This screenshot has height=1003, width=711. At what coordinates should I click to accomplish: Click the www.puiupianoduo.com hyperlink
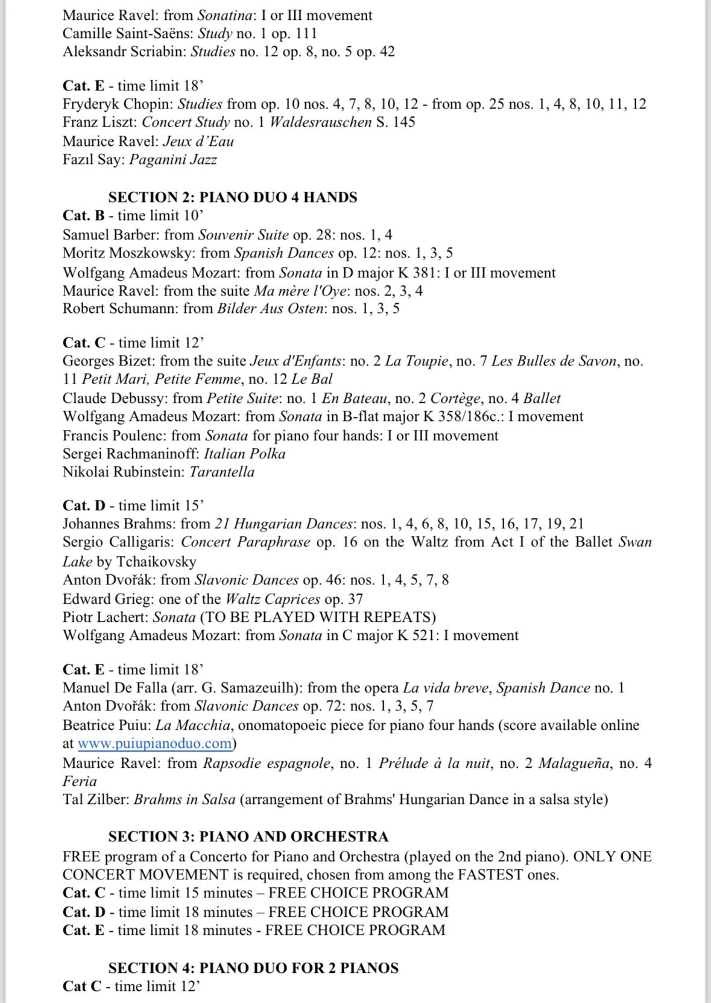pyautogui.click(x=154, y=743)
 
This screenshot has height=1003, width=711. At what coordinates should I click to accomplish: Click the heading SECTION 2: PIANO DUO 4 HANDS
pyautogui.click(x=233, y=197)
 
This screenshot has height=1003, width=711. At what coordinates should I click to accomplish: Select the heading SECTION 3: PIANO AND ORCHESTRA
pyautogui.click(x=248, y=837)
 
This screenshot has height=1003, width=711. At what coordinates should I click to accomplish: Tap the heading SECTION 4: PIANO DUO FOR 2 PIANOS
pyautogui.click(x=253, y=967)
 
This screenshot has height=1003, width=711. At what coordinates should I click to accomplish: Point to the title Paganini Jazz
pyautogui.click(x=173, y=159)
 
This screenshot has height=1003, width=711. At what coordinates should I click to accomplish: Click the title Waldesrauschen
pyautogui.click(x=320, y=122)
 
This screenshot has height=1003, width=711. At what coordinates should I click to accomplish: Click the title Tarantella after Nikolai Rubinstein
pyautogui.click(x=222, y=472)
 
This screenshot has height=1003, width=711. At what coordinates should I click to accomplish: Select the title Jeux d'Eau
pyautogui.click(x=198, y=141)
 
